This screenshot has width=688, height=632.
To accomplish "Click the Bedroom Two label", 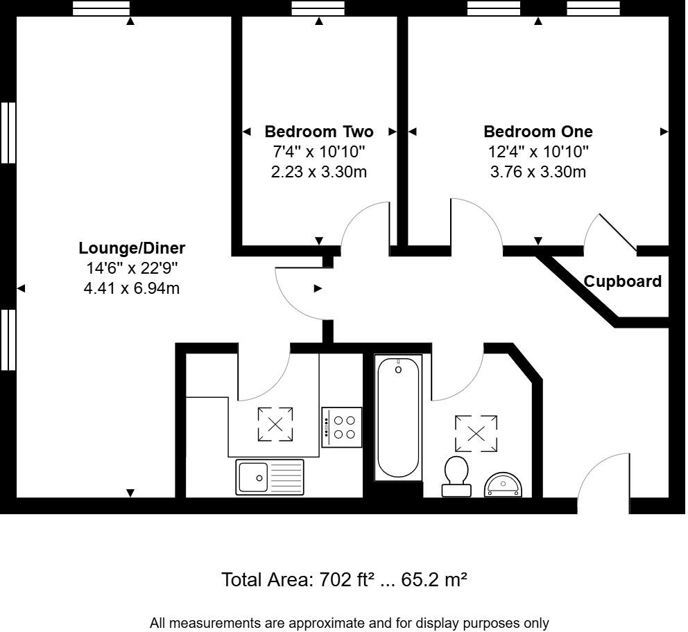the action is click(319, 132).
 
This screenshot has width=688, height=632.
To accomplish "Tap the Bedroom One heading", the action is click(538, 132).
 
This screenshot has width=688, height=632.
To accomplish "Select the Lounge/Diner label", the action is click(132, 248).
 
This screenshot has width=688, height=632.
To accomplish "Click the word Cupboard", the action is click(623, 281).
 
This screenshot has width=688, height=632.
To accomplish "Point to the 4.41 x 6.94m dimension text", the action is click(132, 288).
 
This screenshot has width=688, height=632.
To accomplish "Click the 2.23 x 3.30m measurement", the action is click(319, 172).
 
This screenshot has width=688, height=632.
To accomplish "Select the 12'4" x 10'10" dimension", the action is click(538, 152).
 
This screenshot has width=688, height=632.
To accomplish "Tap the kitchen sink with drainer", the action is click(270, 477).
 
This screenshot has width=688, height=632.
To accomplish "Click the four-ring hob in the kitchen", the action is click(342, 428).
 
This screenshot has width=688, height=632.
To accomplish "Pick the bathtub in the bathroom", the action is click(398, 418).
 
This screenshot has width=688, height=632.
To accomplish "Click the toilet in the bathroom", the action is click(456, 476).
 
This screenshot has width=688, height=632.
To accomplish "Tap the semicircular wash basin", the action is click(503, 484).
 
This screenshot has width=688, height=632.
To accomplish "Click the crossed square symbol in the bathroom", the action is click(476, 433).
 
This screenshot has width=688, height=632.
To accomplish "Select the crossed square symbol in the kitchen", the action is click(275, 424).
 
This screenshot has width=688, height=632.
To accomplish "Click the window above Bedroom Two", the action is click(318, 8).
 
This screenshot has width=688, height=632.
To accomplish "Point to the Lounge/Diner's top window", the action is click(101, 8).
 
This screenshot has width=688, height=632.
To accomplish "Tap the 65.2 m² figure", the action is click(434, 579).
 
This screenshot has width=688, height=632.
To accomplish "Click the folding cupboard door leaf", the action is click(618, 233).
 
